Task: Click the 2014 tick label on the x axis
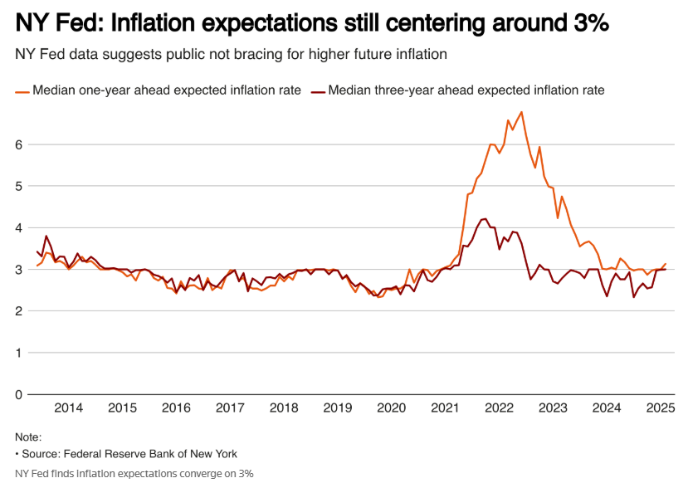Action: (x=68, y=407)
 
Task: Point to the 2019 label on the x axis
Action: (x=338, y=407)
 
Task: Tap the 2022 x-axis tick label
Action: (x=500, y=407)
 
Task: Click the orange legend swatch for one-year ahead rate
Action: (x=22, y=90)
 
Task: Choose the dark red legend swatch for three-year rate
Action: (x=318, y=90)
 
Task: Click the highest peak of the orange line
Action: (x=521, y=112)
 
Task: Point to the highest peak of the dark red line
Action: (x=484, y=219)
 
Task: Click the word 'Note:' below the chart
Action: (x=28, y=437)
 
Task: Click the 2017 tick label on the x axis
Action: (x=230, y=407)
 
